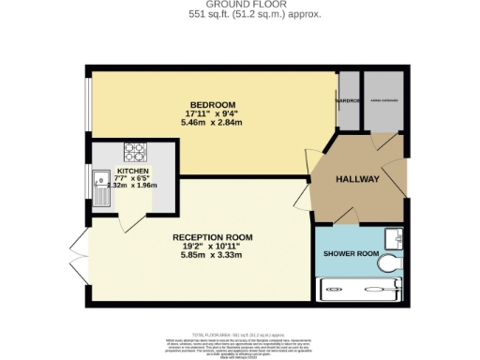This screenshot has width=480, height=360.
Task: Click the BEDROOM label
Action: pos(212,104)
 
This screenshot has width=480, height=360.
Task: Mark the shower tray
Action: pos(360,292)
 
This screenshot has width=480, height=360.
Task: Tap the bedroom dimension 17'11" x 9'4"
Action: pos(212,113)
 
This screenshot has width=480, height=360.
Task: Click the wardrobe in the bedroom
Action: pos(349,100)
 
